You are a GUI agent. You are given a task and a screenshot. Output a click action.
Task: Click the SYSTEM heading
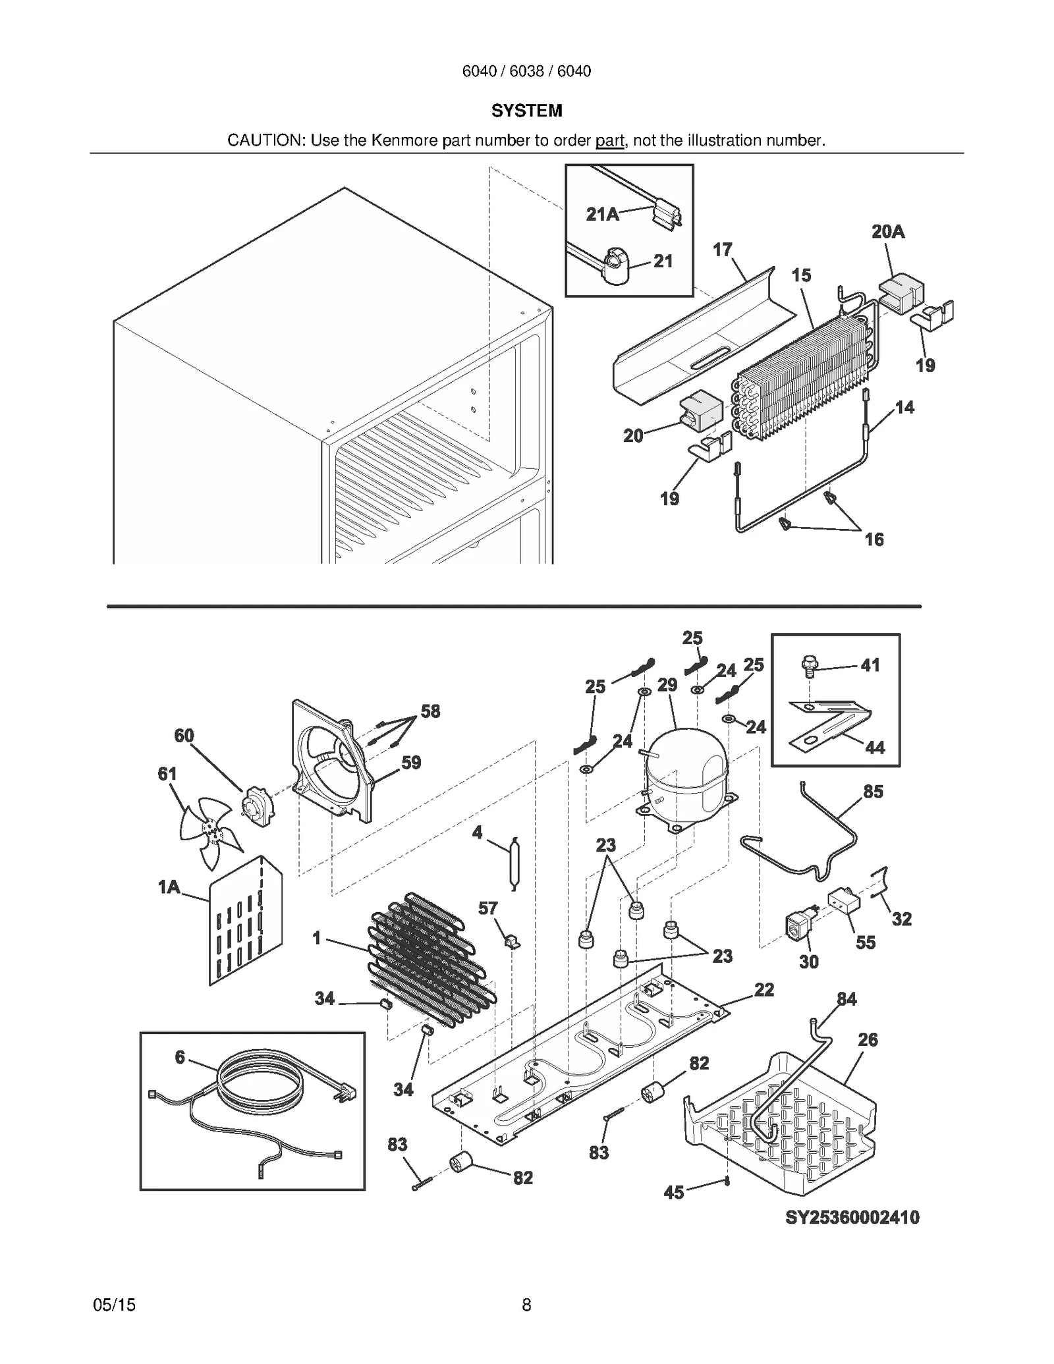tap(526, 111)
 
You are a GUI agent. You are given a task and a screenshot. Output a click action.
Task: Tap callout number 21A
tap(602, 214)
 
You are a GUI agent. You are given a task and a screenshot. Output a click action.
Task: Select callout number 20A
tap(887, 232)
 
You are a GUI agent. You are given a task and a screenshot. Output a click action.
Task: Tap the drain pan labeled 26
tap(784, 1126)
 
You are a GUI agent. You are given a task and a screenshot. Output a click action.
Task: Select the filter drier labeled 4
tap(514, 862)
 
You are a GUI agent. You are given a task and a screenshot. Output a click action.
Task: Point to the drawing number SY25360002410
tap(852, 1217)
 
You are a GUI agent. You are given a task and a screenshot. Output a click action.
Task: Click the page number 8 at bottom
tap(526, 1305)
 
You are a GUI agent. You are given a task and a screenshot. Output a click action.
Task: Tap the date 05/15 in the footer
tap(114, 1305)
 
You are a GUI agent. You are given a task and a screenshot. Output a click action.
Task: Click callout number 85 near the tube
tap(873, 792)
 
